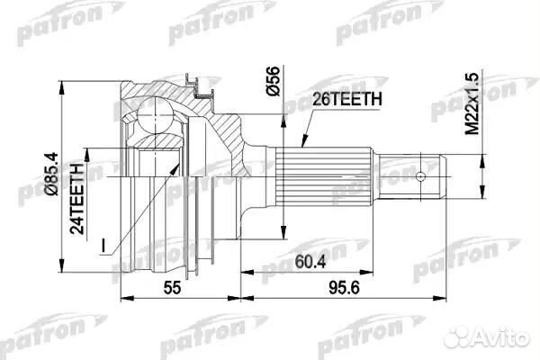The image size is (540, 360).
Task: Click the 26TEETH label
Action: pyautogui.click(x=346, y=100)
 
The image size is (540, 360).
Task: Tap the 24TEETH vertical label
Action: pyautogui.click(x=77, y=198)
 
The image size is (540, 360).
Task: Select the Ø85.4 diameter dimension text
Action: pyautogui.click(x=53, y=174)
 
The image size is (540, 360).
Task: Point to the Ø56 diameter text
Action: pyautogui.click(x=273, y=81)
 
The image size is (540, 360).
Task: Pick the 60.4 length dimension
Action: pyautogui.click(x=310, y=262)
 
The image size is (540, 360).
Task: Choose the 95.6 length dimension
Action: pyautogui.click(x=344, y=288)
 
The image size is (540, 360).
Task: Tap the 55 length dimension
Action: pyautogui.click(x=172, y=288)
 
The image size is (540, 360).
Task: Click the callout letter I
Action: pyautogui.click(x=103, y=245)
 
